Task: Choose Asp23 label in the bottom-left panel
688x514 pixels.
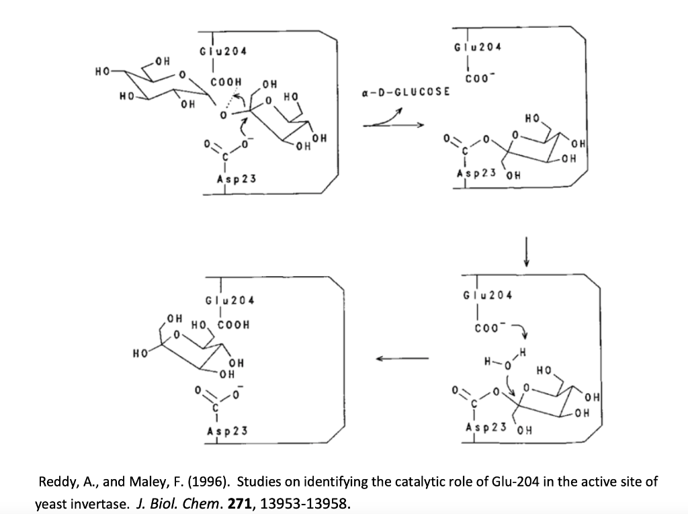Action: click(226, 431)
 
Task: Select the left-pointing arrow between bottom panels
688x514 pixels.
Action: click(402, 358)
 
